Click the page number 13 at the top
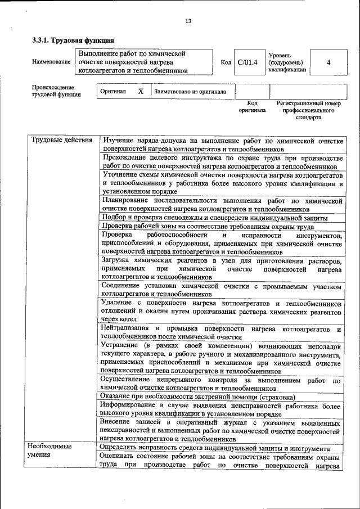pyautogui.click(x=188, y=21)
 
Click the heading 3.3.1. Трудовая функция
pyautogui.click(x=73, y=40)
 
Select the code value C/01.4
pyautogui.click(x=247, y=62)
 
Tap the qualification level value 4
pyautogui.click(x=328, y=62)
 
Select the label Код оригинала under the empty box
pyautogui.click(x=252, y=107)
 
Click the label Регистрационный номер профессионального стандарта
pyautogui.click(x=309, y=111)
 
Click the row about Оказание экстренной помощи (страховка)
pyautogui.click(x=197, y=397)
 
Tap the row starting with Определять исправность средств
pyautogui.click(x=214, y=448)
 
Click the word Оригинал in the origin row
pyautogui.click(x=113, y=91)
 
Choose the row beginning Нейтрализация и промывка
pyautogui.click(x=221, y=332)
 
